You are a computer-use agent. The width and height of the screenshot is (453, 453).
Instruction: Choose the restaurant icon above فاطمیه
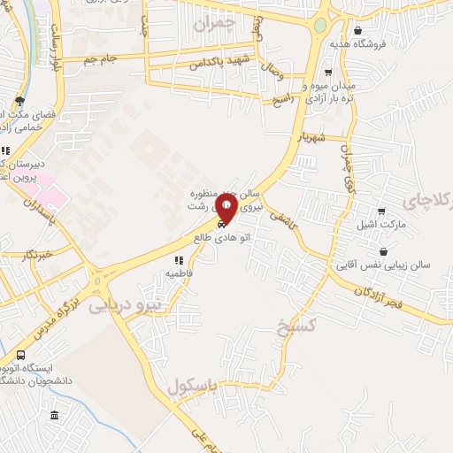coord(178,261)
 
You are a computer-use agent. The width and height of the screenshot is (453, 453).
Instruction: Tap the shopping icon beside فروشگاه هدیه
coord(357,30)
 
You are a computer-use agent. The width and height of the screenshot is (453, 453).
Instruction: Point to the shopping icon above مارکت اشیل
coord(381,211)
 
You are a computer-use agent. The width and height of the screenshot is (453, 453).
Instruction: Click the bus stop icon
coord(20,355)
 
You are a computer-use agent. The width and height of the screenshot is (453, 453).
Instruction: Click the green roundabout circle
coord(319,25)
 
